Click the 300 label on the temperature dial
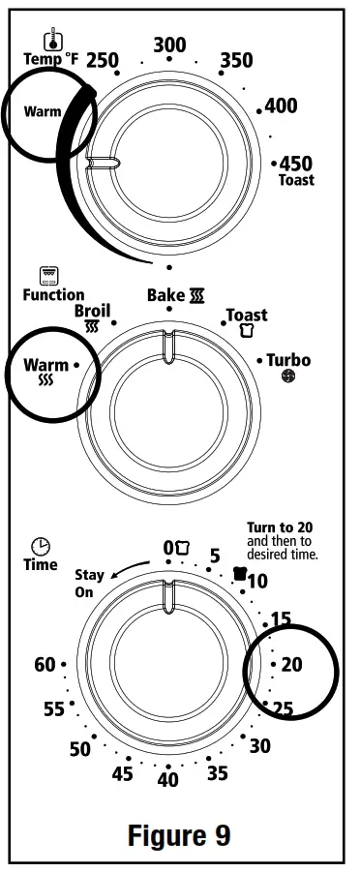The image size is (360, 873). pos(169,45)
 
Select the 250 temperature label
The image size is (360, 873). pos(102,60)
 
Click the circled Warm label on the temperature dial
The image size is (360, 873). pos(43,111)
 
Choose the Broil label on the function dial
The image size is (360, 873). pos(93,312)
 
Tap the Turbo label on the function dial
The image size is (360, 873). pos(288,360)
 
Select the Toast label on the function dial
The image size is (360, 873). pos(247,316)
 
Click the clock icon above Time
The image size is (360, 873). pos(41,547)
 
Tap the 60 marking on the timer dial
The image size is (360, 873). pos(45,665)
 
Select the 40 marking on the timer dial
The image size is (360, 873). pos(168,780)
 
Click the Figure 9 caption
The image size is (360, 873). pos(181,834)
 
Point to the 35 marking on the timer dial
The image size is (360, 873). pos(217,772)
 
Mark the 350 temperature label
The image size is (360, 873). pos(235,60)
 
